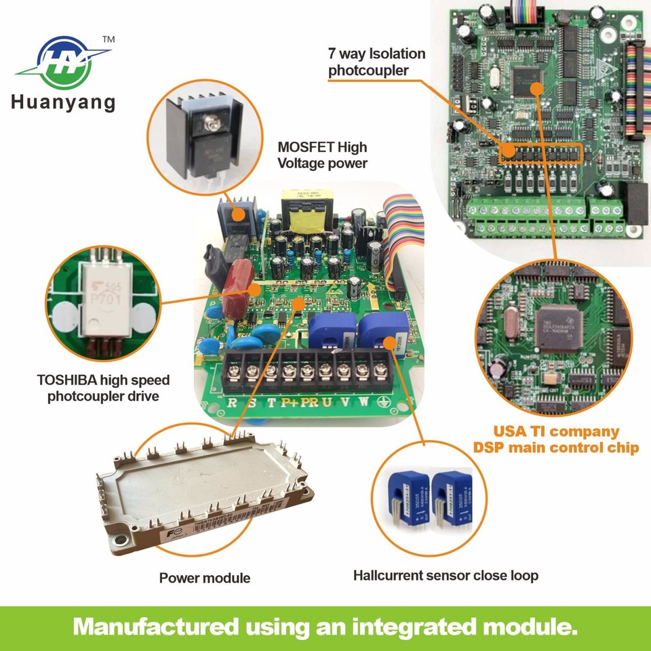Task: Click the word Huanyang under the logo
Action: [x=63, y=103]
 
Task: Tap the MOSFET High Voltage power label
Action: [x=323, y=155]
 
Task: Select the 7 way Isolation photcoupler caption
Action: [x=377, y=62]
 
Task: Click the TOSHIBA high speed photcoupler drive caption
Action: [x=108, y=387]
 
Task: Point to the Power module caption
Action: [x=205, y=578]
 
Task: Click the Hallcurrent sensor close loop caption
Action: [x=446, y=576]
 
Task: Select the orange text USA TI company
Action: [x=555, y=431]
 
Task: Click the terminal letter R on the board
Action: [x=232, y=401]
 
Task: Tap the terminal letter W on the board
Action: [x=363, y=401]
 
